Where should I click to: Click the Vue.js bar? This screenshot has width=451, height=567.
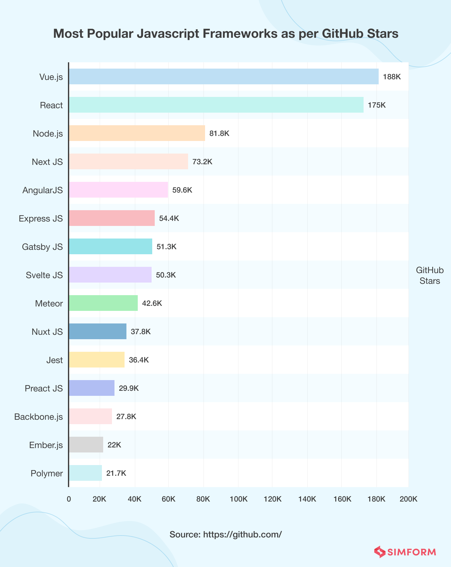point(224,76)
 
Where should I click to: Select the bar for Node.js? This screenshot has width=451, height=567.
point(137,133)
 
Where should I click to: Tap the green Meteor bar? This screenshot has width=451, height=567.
point(103,303)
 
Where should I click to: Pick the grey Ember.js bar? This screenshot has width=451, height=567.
point(86,445)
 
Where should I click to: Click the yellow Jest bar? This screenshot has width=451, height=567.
point(97,360)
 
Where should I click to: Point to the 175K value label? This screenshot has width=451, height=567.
point(376,105)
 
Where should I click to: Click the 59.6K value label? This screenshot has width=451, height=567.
point(182,190)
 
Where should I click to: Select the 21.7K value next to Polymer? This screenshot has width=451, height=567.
point(116,473)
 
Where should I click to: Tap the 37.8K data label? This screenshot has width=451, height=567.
point(141,332)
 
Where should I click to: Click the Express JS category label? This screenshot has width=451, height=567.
point(41,218)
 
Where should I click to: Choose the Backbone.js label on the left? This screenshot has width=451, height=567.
point(38,417)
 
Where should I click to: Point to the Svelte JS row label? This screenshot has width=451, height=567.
point(44,275)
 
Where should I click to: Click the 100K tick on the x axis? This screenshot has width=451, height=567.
point(238,499)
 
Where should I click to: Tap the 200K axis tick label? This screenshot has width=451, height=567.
point(408,499)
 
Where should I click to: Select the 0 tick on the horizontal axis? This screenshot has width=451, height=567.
point(69,499)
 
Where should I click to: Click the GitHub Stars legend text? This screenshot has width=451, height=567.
point(430,275)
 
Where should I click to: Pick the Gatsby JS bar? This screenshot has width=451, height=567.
point(110,246)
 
